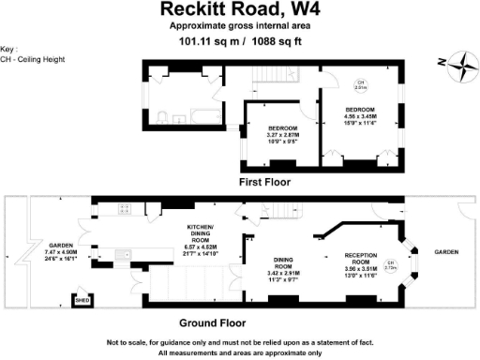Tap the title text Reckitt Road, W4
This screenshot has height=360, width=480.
click(239, 10)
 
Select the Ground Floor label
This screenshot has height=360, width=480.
click(239, 322)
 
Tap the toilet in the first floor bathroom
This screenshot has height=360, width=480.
click(162, 116)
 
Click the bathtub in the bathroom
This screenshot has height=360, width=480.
click(201, 117)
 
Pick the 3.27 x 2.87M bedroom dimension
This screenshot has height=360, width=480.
click(283, 135)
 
